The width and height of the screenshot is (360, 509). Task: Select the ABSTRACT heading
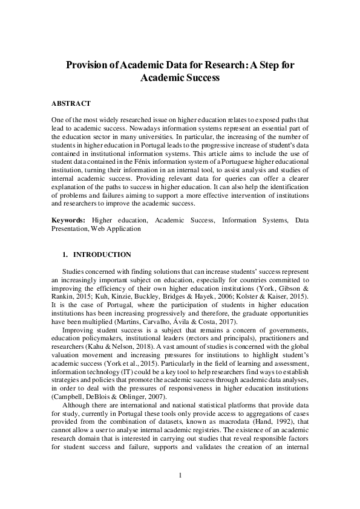click(71, 103)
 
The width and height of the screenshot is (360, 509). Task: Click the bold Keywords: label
click(68, 221)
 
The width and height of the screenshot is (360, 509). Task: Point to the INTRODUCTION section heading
click(101, 254)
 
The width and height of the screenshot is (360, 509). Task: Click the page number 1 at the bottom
click(180, 475)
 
